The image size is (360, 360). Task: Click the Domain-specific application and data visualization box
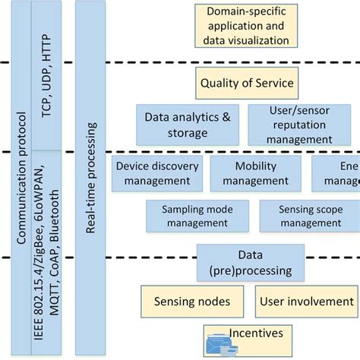(x=246, y=26)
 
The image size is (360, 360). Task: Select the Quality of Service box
(x=246, y=82)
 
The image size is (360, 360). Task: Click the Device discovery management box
(x=157, y=173)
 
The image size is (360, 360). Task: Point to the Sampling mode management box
(x=195, y=216)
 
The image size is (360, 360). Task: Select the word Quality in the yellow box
(x=219, y=82)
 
